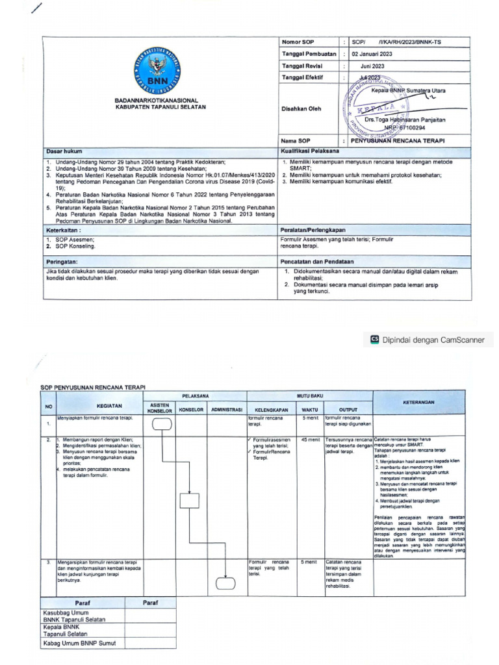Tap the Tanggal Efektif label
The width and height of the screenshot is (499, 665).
pos(303,77)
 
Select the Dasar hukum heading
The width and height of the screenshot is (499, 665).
pos(64,151)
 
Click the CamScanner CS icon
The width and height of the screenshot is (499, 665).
pos(374,338)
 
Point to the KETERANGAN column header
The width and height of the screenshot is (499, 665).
pos(418,403)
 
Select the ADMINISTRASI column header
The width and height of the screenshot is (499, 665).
pos(225,410)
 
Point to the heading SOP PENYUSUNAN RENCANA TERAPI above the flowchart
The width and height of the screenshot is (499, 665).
pos(92,387)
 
